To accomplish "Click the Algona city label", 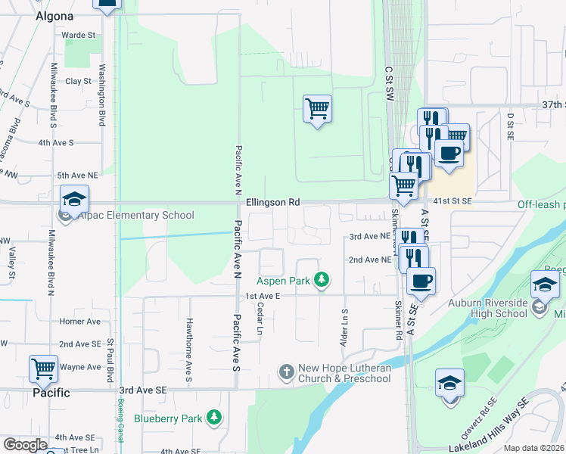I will pos(54,16).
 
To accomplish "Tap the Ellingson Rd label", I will pos(273,203).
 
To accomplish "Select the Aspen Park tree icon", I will pos(322,280).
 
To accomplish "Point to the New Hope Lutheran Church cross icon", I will pos(286,372).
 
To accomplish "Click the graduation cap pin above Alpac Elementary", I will pos(75,199).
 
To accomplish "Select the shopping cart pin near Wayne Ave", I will pos(44,368).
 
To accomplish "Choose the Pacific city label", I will pos(51,393).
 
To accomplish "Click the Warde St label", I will pos(79,35).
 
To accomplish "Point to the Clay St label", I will pos(78,81).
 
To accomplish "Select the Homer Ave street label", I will pos(79,322).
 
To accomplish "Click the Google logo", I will pos(25,445).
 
